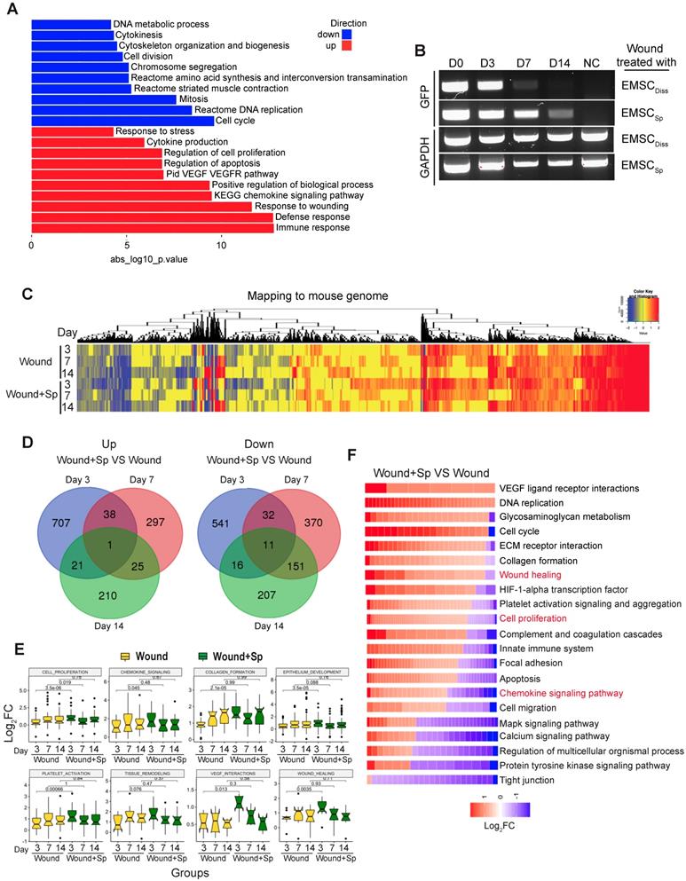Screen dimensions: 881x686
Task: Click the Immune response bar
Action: (151, 228)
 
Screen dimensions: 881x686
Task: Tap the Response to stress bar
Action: (72, 131)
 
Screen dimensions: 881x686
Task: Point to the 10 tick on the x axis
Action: (221, 246)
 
